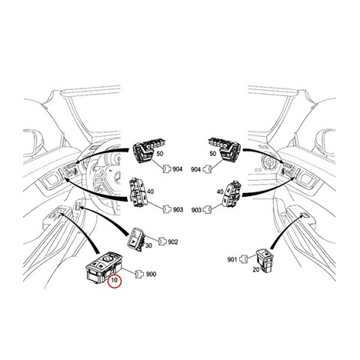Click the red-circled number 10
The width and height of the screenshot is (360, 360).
point(115,280)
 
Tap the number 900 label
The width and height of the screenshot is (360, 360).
point(151,274)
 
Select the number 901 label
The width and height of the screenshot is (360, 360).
point(232,260)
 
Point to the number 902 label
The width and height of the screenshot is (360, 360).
point(173,242)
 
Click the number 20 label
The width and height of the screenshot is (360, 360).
point(256,269)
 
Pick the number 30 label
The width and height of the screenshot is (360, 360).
point(148,245)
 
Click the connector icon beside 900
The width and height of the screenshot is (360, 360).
point(139,274)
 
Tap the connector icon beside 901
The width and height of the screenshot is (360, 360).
point(243,259)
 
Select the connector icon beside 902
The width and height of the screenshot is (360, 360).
point(162,242)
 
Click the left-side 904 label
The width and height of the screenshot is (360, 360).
point(177,169)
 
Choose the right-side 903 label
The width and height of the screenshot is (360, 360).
point(196,210)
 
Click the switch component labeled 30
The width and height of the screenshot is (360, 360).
point(136,240)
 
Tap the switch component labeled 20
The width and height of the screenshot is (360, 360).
point(265,260)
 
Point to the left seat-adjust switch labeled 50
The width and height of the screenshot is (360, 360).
point(145,151)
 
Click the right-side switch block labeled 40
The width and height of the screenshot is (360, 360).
point(232,193)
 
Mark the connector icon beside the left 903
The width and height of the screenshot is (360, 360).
point(167,209)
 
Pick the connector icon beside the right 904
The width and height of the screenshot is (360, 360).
point(207,168)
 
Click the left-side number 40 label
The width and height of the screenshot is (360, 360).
point(151,192)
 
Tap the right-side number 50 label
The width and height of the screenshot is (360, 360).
point(213,154)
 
